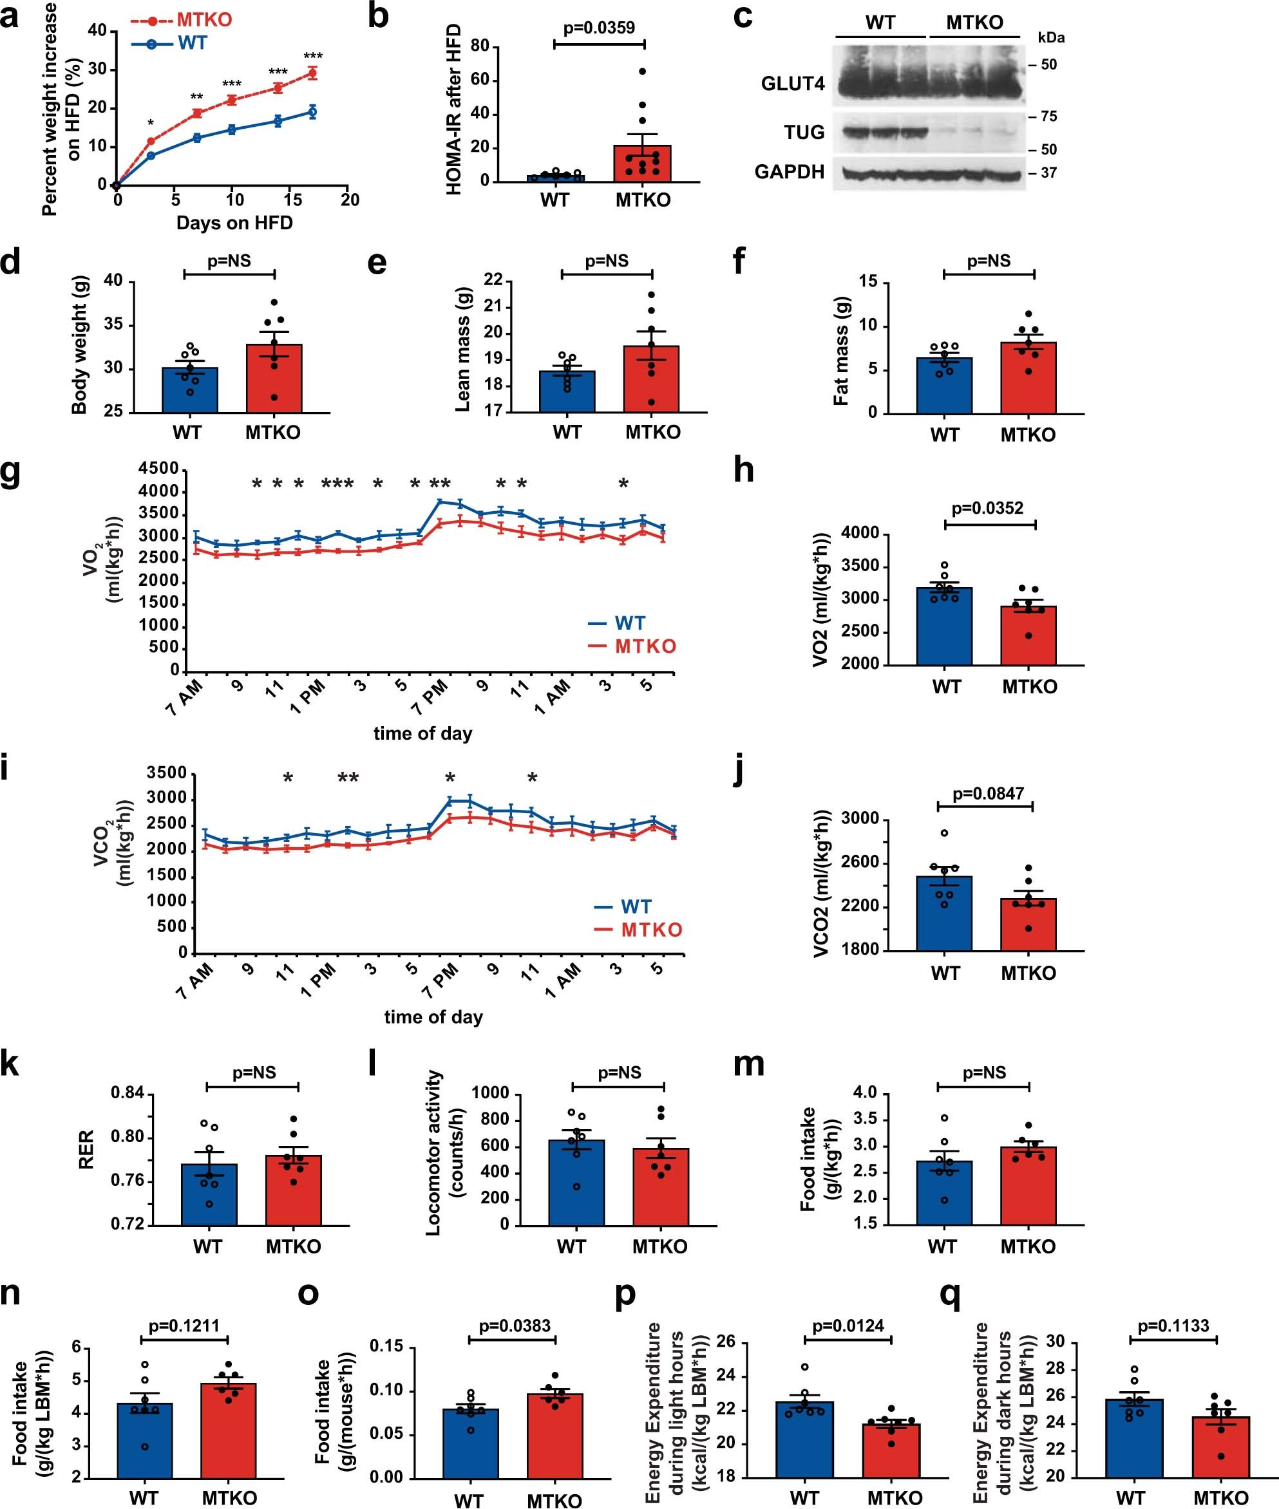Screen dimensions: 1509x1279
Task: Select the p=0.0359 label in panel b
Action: [599, 28]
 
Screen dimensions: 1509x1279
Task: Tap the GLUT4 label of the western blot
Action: [793, 84]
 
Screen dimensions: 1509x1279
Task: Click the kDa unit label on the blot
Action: [1050, 38]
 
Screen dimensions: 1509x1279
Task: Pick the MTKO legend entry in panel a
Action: [204, 19]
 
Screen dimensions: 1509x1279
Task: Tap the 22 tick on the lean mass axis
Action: [493, 281]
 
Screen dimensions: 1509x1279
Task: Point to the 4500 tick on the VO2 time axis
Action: [159, 469]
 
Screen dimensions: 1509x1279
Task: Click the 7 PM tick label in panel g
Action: [430, 698]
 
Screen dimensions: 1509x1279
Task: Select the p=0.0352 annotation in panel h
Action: [987, 508]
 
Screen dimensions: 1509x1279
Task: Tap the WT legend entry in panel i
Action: [635, 906]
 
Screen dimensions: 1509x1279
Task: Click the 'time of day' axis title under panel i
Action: [433, 1017]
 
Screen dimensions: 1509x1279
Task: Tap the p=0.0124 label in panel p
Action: [848, 1326]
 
